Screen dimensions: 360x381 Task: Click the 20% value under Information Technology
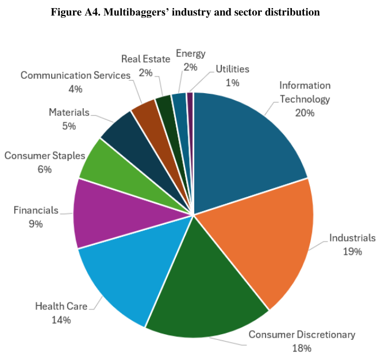(305, 113)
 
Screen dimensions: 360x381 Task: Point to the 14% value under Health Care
(61, 320)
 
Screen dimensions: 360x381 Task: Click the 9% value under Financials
(36, 224)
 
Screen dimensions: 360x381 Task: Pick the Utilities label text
(232, 69)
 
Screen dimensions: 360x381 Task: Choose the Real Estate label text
(145, 59)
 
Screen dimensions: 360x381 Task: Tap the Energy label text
(190, 53)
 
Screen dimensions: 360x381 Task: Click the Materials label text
(69, 112)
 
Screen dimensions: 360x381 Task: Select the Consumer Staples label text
(45, 156)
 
